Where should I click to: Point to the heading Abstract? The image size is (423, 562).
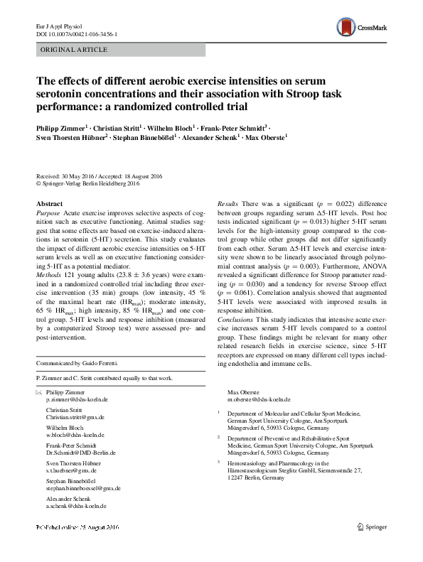pos(49,203)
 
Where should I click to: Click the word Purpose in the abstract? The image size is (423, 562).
pos(48,212)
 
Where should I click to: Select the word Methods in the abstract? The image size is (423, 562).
pos(49,272)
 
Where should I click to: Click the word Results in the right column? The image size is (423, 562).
pos(228,204)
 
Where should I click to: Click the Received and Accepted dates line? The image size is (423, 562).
pos(100,176)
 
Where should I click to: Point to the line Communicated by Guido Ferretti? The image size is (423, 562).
pos(77,363)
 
